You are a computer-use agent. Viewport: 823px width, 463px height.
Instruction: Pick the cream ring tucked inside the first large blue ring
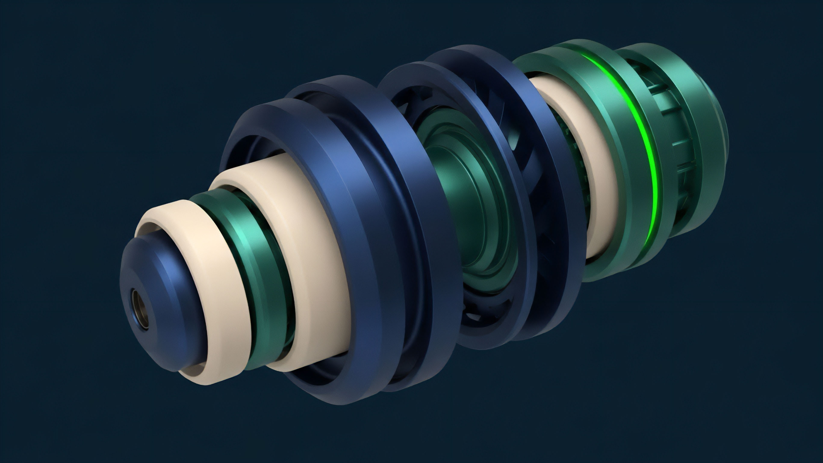pyautogui.click(x=307, y=243)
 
